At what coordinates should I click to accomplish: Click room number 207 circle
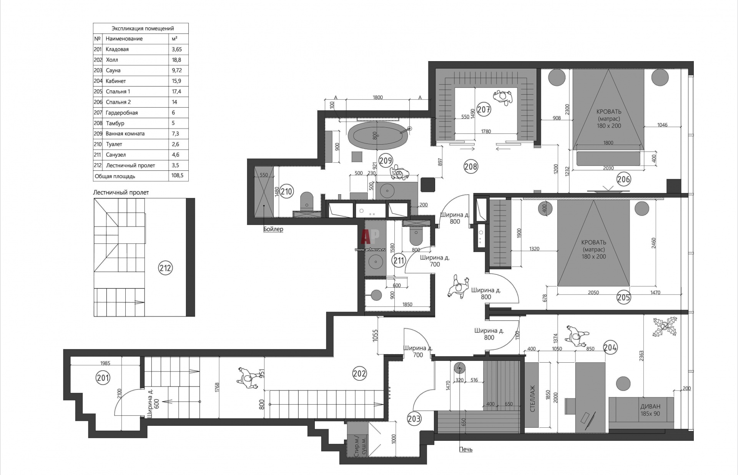[484, 110]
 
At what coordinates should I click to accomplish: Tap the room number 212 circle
[165, 268]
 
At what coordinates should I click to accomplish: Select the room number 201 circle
[103, 378]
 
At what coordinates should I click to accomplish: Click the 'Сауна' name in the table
[113, 70]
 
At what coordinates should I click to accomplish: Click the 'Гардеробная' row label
[121, 113]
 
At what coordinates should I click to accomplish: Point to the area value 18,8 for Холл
[177, 60]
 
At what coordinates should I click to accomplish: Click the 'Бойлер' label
[273, 229]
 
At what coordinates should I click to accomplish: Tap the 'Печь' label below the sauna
[466, 449]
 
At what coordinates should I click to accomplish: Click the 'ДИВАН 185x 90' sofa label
[650, 410]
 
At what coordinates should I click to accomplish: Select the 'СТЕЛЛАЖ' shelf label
[532, 399]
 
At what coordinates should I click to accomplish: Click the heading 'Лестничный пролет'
[121, 192]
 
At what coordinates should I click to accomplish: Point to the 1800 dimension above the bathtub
[378, 97]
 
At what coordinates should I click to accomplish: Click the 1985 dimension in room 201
[105, 363]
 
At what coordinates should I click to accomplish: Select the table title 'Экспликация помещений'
[143, 28]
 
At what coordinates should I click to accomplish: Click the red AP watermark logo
[370, 236]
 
